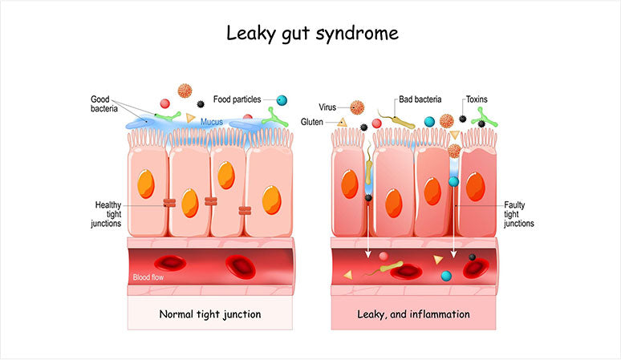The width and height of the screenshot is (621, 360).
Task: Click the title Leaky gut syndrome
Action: pyautogui.click(x=312, y=33)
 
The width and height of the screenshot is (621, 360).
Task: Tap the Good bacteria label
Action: pyautogui.click(x=104, y=103)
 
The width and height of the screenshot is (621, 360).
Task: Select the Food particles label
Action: pyautogui.click(x=237, y=99)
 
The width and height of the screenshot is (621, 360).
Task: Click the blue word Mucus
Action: pyautogui.click(x=212, y=122)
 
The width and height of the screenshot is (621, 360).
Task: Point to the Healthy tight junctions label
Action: pyautogui.click(x=106, y=214)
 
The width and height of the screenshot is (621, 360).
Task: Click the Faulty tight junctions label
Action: pyautogui.click(x=519, y=214)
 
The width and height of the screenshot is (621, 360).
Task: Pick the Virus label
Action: pyautogui.click(x=327, y=107)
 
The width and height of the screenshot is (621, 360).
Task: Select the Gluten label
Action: pyautogui.click(x=312, y=122)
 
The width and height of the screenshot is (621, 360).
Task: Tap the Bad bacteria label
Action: pyautogui.click(x=420, y=99)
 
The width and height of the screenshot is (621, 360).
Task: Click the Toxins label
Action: pyautogui.click(x=477, y=99)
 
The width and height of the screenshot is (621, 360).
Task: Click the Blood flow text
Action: pyautogui.click(x=148, y=277)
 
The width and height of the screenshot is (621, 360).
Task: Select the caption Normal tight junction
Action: pyautogui.click(x=210, y=314)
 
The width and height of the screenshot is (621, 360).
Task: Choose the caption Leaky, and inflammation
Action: pyautogui.click(x=413, y=314)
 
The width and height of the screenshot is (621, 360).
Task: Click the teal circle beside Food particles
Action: pyautogui.click(x=282, y=100)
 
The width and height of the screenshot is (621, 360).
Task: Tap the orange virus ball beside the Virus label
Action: pyautogui.click(x=357, y=107)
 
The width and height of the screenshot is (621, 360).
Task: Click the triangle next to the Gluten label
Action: pyautogui.click(x=342, y=123)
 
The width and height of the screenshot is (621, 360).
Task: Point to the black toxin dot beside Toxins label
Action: pyautogui.click(x=463, y=119)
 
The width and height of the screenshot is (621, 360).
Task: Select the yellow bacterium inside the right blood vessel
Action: pyautogui.click(x=386, y=268)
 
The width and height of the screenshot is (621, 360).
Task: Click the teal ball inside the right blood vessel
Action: pyautogui.click(x=446, y=276)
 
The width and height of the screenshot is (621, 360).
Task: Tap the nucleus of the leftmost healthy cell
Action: pyautogui.click(x=146, y=184)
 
